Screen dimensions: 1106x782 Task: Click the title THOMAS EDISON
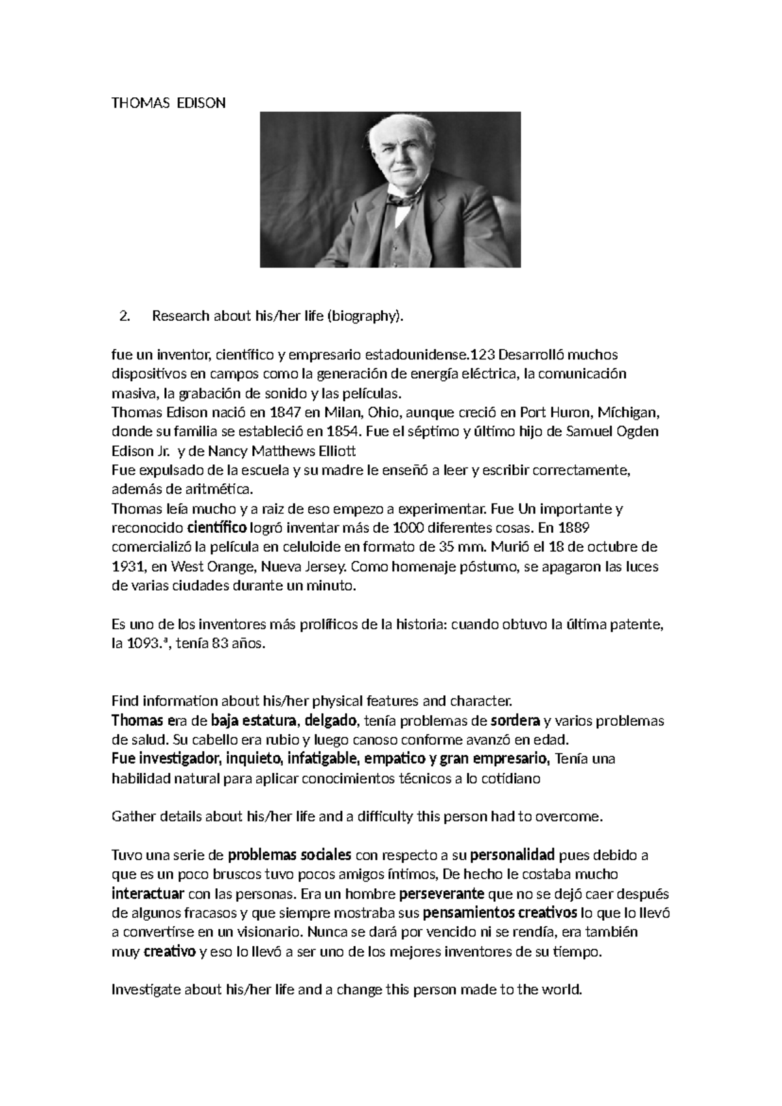pyautogui.click(x=169, y=103)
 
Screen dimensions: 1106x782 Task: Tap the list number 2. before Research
pyautogui.click(x=124, y=316)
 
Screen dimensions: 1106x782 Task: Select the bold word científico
pyautogui.click(x=217, y=528)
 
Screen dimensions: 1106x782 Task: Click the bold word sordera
pyautogui.click(x=514, y=721)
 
